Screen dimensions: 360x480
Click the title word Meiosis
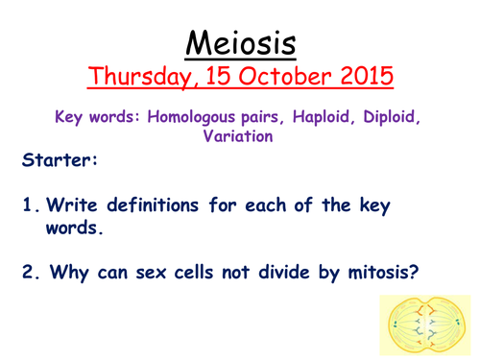239,43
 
